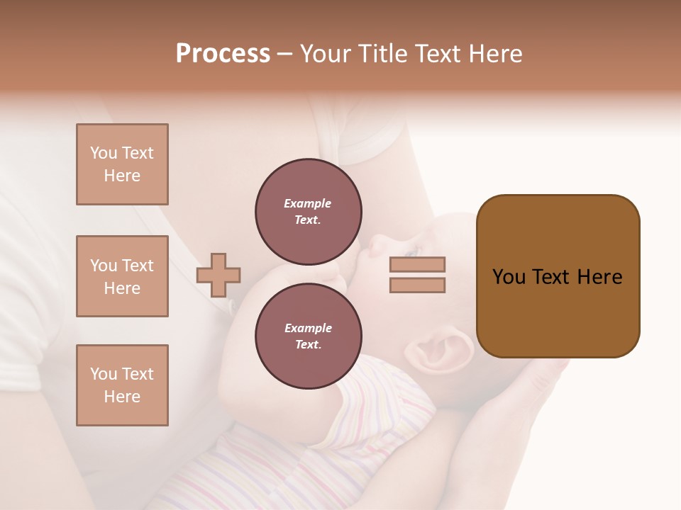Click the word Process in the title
[223, 54]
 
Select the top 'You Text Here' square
[122, 164]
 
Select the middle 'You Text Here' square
[122, 276]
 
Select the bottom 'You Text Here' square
[122, 385]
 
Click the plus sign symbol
[218, 275]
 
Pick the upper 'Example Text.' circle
[309, 212]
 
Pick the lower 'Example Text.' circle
[309, 336]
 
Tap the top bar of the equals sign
[417, 264]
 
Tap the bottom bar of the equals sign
[417, 285]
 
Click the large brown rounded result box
[558, 276]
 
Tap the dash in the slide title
[285, 55]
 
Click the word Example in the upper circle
[307, 203]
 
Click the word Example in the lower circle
[308, 328]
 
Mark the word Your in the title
[323, 54]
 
